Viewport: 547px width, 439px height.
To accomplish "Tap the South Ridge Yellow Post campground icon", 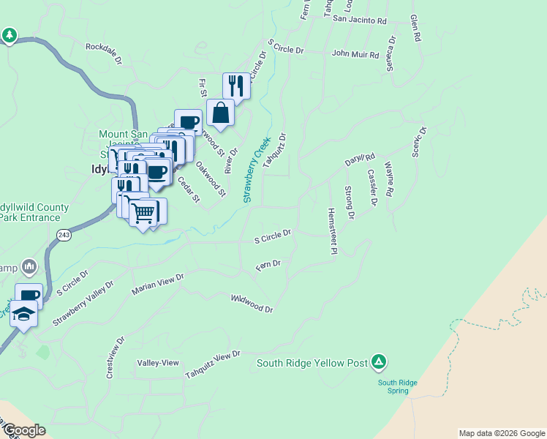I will click(x=379, y=361).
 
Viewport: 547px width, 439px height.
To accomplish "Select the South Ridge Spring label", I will click(x=397, y=386).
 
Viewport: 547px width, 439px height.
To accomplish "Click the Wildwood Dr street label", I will click(x=252, y=304).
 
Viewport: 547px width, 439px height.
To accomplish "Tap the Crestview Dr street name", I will click(x=116, y=356).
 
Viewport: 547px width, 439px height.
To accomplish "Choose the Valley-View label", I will click(x=158, y=363).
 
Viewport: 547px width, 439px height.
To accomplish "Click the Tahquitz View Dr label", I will click(x=212, y=364).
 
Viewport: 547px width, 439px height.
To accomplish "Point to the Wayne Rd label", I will click(x=389, y=179).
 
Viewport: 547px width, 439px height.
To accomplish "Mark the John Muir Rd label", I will click(x=355, y=54).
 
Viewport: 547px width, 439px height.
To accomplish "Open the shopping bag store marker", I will click(x=220, y=113).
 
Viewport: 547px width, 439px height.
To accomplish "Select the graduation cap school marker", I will click(x=23, y=315).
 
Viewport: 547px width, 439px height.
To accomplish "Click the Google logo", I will click(x=23, y=430).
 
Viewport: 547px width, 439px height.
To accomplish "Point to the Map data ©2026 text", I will click(x=501, y=433).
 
